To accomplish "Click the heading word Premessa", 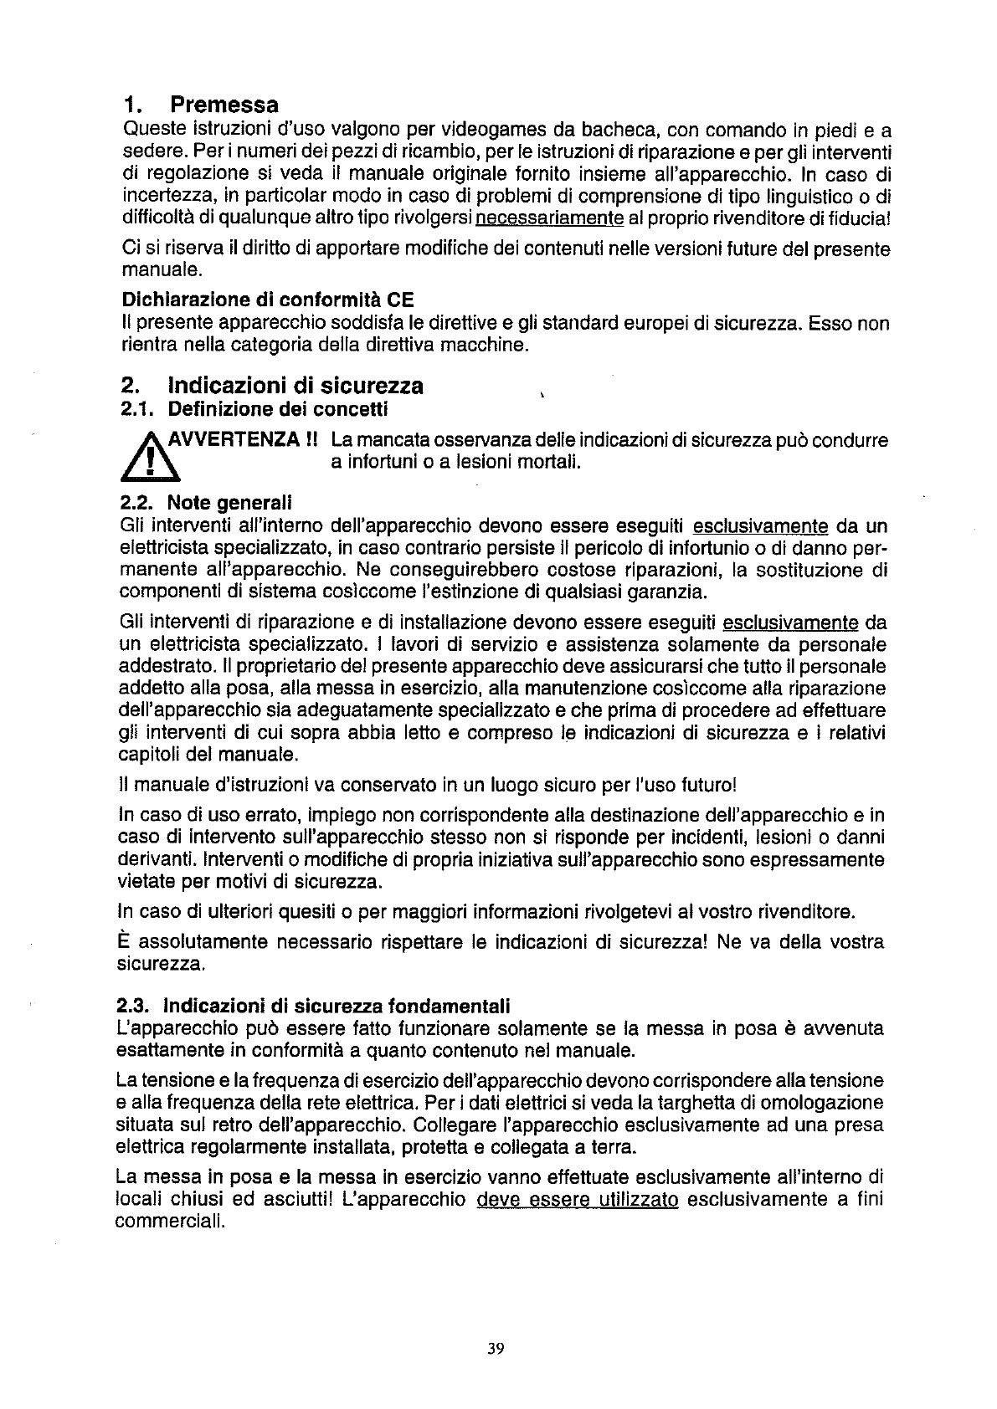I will pos(224,105).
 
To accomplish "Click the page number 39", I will pos(497,1348).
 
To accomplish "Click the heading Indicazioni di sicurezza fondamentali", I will pos(337,1005).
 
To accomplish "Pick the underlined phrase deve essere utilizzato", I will pos(577,1200).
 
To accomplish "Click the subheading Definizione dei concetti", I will pos(278,410).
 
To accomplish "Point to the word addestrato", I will pos(161,668).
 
